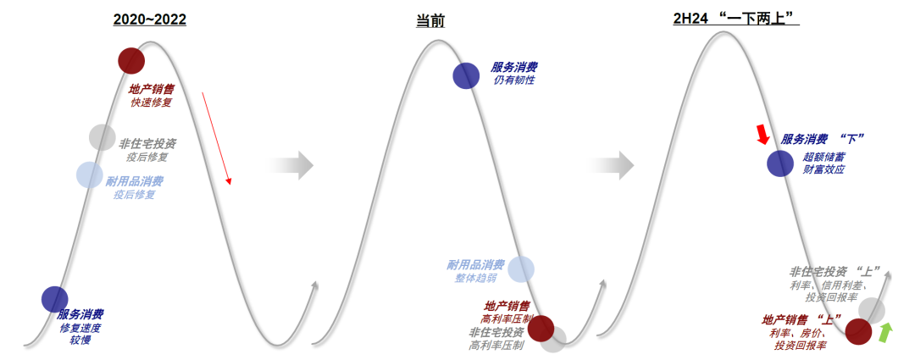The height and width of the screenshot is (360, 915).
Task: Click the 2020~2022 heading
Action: tap(149, 19)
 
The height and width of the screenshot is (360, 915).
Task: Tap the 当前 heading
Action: tap(430, 21)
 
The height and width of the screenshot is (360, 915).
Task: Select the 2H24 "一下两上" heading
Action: tap(736, 19)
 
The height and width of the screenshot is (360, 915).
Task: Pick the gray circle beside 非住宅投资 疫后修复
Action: tap(103, 137)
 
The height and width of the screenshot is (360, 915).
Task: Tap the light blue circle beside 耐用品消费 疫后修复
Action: tap(89, 174)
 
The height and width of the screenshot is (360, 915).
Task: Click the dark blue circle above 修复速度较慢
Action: tap(55, 299)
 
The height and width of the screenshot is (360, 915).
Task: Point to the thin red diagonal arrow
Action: tap(217, 138)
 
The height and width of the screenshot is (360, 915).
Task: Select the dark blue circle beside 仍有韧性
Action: tap(466, 75)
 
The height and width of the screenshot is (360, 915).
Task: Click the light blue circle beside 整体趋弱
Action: tap(521, 269)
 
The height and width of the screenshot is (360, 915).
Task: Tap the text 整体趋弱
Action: tap(476, 278)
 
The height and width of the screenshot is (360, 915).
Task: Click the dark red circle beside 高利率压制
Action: tap(541, 328)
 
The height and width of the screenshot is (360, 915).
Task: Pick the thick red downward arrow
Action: tap(762, 134)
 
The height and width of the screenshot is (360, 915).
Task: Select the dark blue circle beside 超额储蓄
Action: tap(780, 163)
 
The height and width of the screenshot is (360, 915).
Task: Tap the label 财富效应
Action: tap(823, 169)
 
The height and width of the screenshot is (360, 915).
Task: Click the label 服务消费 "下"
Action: tap(822, 140)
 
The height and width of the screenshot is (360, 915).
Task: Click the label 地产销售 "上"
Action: tap(801, 319)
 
